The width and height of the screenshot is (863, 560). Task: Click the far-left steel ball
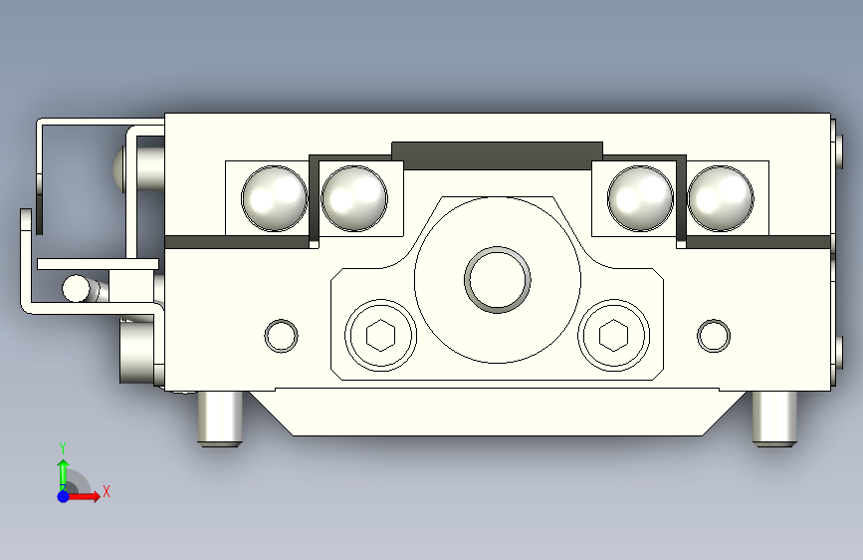(x=274, y=198)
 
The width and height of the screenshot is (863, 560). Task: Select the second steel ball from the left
(x=354, y=198)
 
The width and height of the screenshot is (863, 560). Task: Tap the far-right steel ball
(x=721, y=198)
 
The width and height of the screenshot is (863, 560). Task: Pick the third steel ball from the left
(x=641, y=198)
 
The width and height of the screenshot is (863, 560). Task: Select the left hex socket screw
(x=381, y=335)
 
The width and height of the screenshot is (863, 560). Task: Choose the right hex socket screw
(x=614, y=335)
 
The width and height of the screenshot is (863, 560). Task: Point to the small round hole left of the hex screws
(x=282, y=336)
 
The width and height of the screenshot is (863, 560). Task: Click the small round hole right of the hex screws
(x=714, y=336)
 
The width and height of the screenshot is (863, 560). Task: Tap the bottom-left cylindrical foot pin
(x=220, y=418)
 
